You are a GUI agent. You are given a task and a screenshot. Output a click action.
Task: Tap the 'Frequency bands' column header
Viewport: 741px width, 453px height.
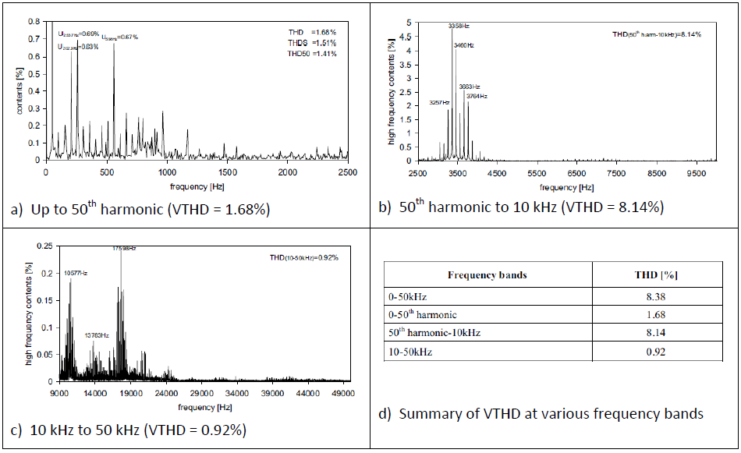click(487, 275)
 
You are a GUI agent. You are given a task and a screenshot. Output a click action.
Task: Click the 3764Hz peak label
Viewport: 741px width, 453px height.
click(477, 96)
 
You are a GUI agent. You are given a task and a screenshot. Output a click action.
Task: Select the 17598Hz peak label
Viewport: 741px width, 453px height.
click(123, 248)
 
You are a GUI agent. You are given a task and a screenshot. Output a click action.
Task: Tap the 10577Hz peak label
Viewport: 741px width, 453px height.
click(75, 273)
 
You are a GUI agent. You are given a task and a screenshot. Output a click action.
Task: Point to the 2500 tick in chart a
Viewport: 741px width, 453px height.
click(347, 172)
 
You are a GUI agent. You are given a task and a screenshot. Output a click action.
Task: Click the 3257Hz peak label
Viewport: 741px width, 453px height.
click(440, 102)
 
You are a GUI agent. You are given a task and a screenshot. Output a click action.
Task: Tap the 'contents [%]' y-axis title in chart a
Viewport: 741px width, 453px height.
click(19, 90)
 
